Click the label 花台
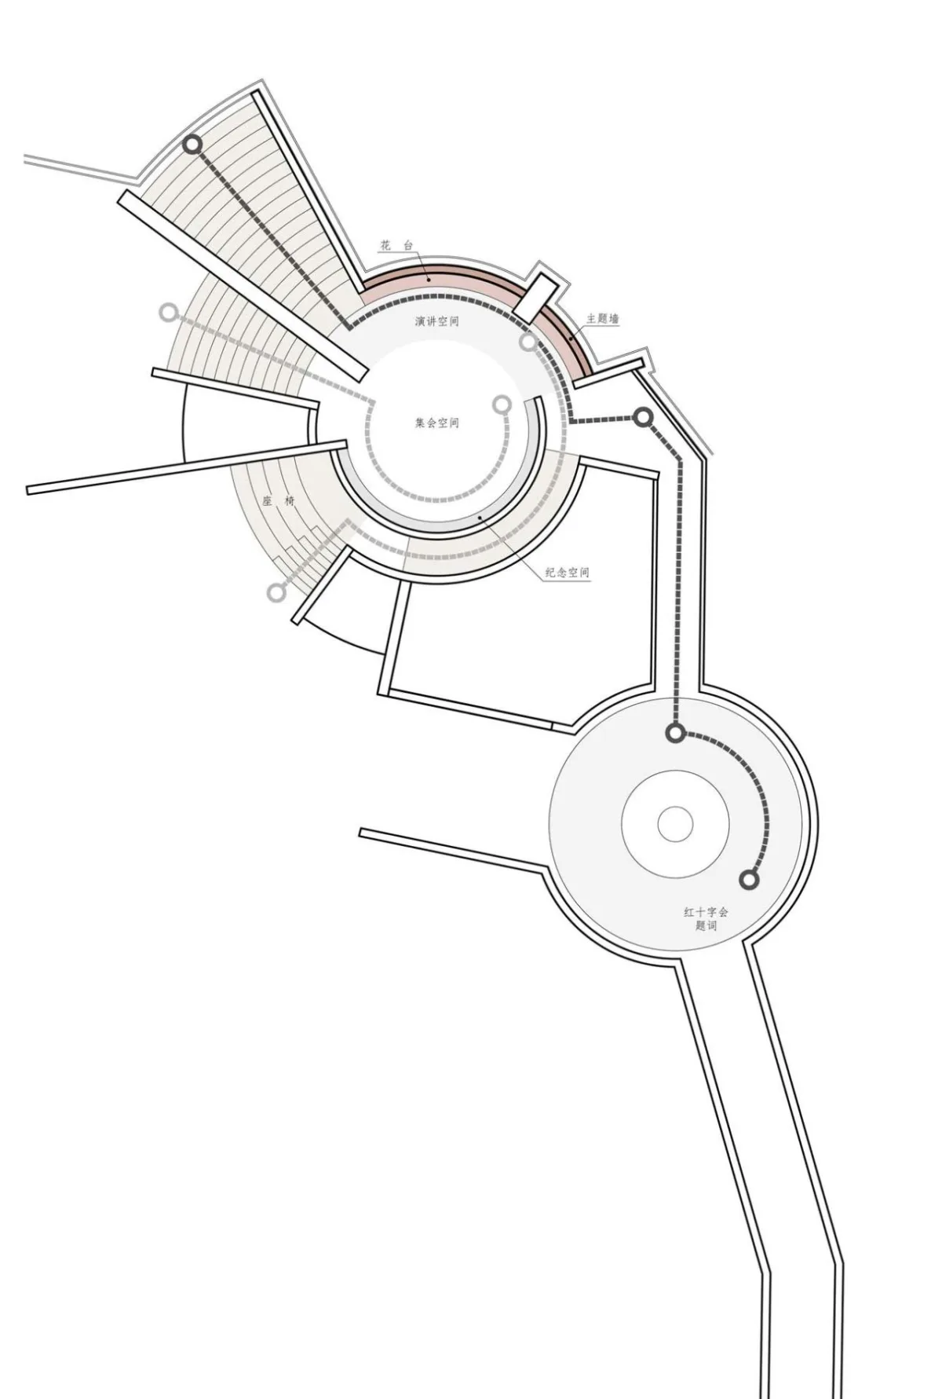click(396, 246)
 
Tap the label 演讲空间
click(437, 321)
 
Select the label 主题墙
click(602, 319)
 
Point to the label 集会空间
click(437, 423)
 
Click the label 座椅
click(279, 500)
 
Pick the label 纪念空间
click(568, 573)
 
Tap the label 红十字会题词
click(706, 919)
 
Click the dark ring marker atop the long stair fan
click(192, 145)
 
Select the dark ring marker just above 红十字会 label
click(750, 880)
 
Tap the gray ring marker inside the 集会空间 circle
click(502, 405)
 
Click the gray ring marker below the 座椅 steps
click(276, 593)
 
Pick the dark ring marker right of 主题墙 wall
click(643, 417)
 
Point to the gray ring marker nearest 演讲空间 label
click(528, 342)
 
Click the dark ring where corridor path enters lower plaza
click(674, 734)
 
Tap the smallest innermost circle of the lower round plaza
click(675, 825)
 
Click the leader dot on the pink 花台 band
click(428, 278)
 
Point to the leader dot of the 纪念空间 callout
click(480, 518)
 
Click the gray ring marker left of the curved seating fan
click(168, 313)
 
